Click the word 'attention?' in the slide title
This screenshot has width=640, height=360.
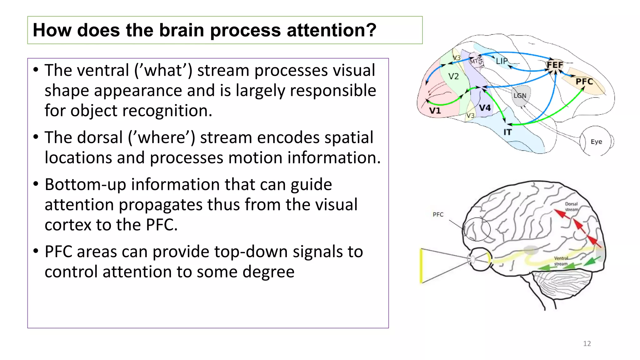[331, 30]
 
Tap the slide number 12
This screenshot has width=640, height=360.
[587, 343]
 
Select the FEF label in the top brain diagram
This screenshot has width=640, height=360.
[555, 65]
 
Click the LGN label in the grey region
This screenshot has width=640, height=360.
[520, 96]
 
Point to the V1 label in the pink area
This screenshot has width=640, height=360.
[435, 111]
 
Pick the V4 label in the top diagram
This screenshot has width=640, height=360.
[485, 108]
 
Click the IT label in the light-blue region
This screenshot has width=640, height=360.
[507, 132]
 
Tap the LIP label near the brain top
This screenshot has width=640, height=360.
[502, 61]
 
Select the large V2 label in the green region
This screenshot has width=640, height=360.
[453, 76]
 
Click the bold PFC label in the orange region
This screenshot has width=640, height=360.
[584, 82]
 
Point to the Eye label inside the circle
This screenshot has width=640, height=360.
[596, 142]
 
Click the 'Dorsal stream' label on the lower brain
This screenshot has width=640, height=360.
[572, 207]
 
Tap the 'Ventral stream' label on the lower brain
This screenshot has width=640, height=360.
[561, 261]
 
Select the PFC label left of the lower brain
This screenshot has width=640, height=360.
[438, 214]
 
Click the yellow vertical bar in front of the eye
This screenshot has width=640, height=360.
[421, 266]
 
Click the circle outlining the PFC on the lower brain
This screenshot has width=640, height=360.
[477, 229]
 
